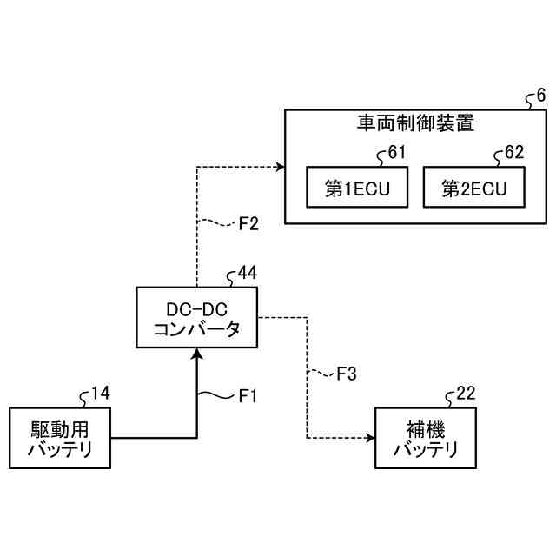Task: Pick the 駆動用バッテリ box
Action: pos(60,438)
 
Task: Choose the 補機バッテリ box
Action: pos(426,438)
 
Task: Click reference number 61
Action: pos(396,154)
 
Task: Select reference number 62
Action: pos(514,154)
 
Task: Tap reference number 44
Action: pos(247,275)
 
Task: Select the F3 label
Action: pos(346,374)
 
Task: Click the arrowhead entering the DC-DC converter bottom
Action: pos(198,352)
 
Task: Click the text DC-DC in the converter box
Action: pos(196,308)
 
